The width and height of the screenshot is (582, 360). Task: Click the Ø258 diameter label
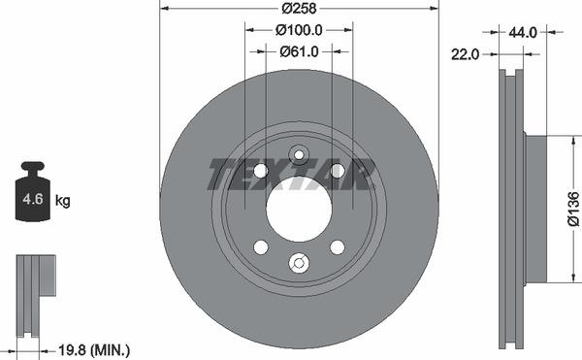coord(299,8)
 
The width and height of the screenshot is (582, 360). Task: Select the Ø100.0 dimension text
coord(299,30)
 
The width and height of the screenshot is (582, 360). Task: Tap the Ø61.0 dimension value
coord(299,51)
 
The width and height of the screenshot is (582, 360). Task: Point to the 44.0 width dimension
coord(523,33)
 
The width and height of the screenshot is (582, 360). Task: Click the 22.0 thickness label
coord(465,54)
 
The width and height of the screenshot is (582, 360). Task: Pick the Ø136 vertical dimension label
coord(573,209)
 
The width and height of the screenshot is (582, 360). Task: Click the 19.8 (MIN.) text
coord(94,349)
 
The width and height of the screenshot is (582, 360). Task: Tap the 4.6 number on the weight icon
coord(33,199)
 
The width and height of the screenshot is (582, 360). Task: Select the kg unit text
coord(62,201)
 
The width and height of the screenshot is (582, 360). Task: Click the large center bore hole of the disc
coord(299,209)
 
